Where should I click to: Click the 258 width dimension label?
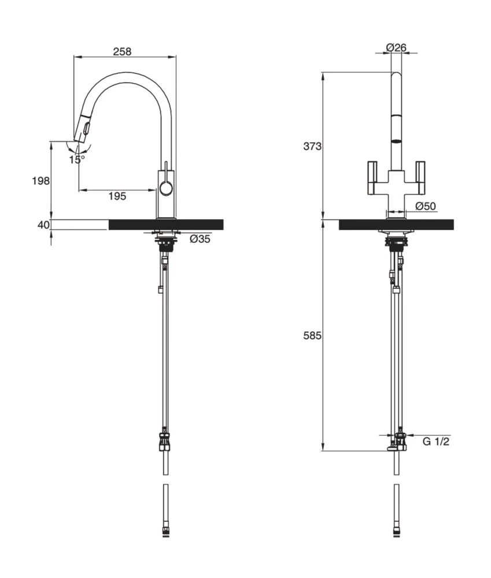[x=122, y=51]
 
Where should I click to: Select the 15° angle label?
[x=76, y=159]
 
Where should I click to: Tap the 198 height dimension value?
[x=40, y=181]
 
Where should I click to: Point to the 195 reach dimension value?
[x=117, y=197]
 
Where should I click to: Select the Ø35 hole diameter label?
[x=200, y=239]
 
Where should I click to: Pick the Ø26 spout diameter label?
[x=397, y=47]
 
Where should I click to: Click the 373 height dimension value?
[x=312, y=146]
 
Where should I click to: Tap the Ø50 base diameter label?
[x=425, y=206]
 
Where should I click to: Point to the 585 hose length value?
[x=312, y=335]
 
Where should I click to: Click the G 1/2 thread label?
[x=435, y=442]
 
